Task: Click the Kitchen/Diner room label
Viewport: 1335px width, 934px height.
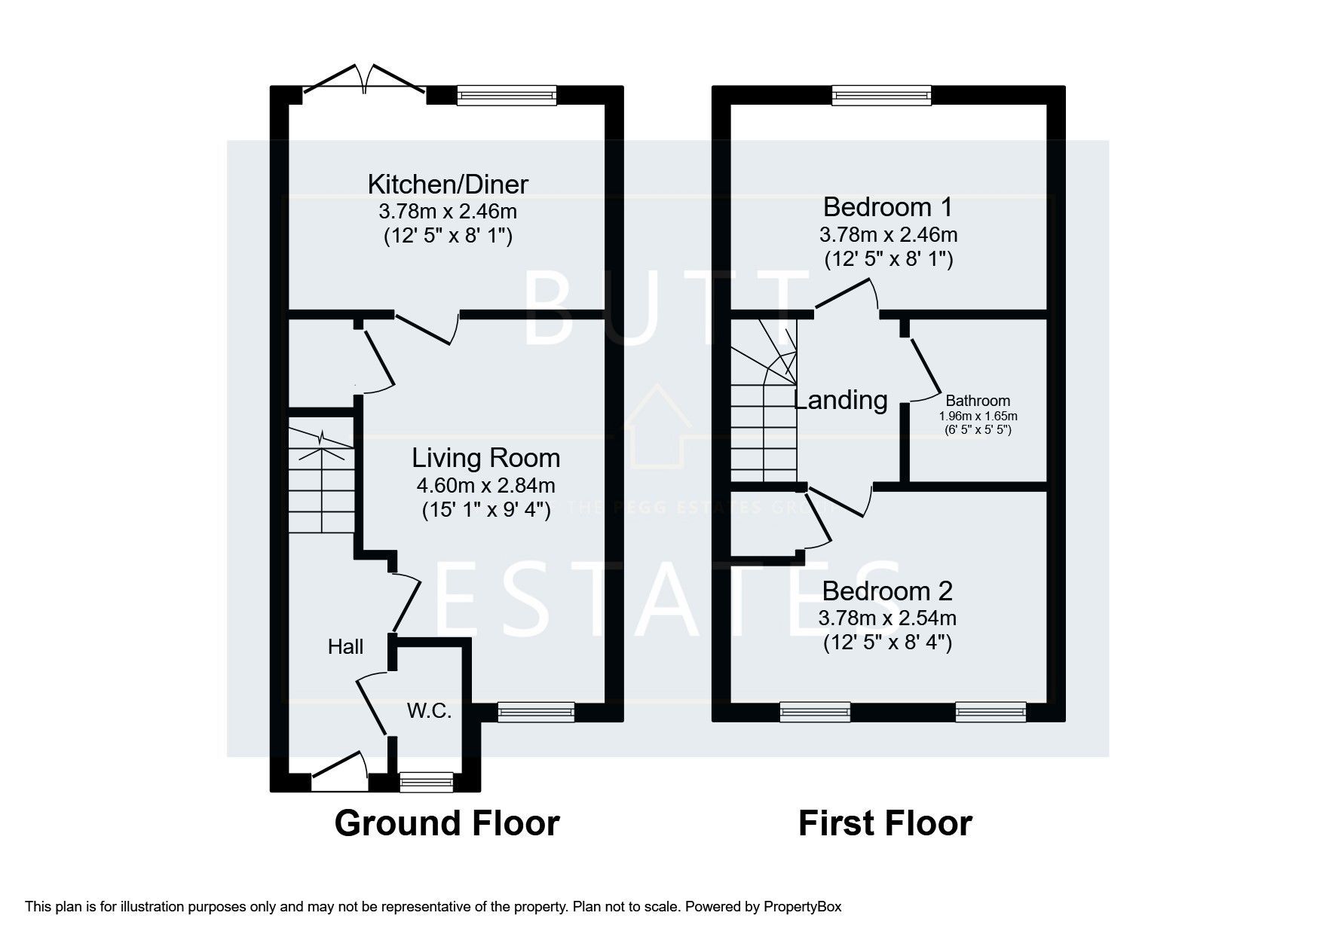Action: pyautogui.click(x=448, y=184)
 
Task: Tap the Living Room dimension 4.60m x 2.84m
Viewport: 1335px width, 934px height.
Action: pyautogui.click(x=485, y=485)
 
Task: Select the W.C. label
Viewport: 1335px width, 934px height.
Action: pyautogui.click(x=429, y=710)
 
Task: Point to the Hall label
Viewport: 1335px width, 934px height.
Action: pyautogui.click(x=345, y=646)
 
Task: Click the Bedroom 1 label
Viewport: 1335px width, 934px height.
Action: pyautogui.click(x=887, y=206)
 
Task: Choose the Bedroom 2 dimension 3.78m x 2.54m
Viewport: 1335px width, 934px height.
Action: pyautogui.click(x=887, y=618)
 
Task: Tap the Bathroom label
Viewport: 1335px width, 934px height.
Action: pyautogui.click(x=978, y=401)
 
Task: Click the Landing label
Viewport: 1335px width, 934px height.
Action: pyautogui.click(x=841, y=400)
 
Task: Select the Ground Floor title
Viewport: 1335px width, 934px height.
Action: pyautogui.click(x=446, y=823)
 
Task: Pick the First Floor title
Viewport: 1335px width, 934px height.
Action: pyautogui.click(x=885, y=823)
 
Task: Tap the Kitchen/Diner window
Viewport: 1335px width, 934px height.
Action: pyautogui.click(x=507, y=95)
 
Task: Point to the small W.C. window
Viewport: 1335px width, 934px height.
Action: pyautogui.click(x=426, y=783)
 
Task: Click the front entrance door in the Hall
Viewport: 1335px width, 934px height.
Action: pyautogui.click(x=339, y=776)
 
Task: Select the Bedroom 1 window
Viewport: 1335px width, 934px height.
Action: pyautogui.click(x=881, y=95)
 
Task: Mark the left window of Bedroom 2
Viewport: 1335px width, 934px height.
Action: pyautogui.click(x=815, y=712)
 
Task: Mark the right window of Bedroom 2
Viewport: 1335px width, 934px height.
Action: pyautogui.click(x=991, y=712)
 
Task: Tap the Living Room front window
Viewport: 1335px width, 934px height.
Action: pyautogui.click(x=535, y=712)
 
